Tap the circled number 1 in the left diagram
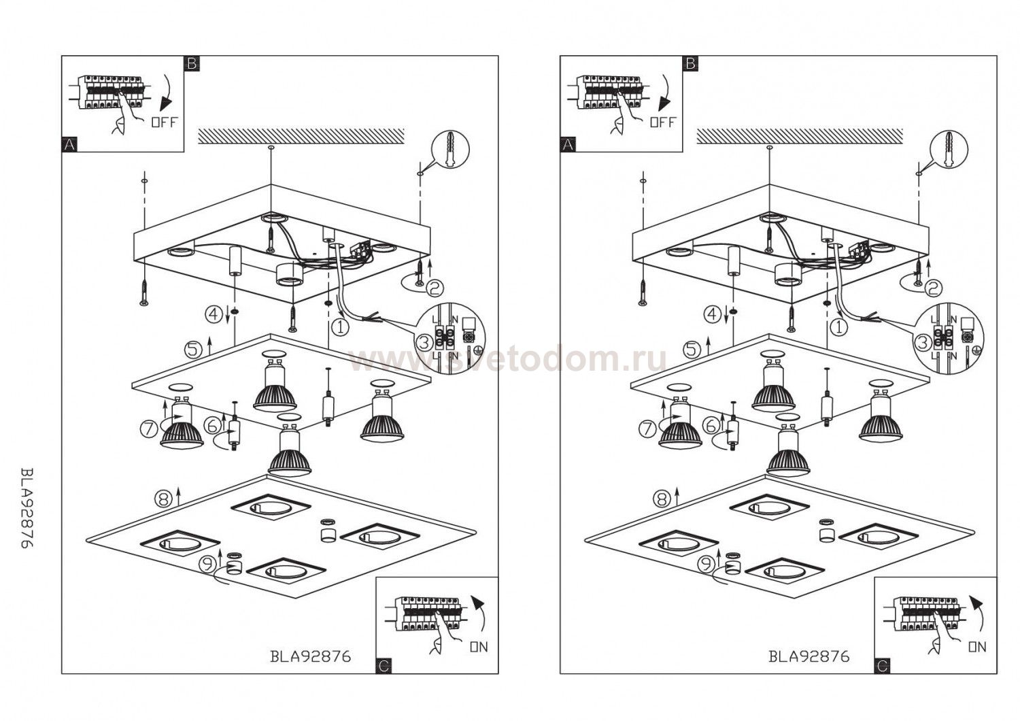[x=340, y=327]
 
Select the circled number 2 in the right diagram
[x=933, y=288]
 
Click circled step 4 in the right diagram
[x=712, y=314]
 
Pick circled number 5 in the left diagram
[x=194, y=350]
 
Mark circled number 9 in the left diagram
[x=207, y=563]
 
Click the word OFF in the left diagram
[x=163, y=122]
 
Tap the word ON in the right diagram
[x=977, y=647]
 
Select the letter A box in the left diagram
[x=69, y=144]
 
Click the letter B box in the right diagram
[x=690, y=64]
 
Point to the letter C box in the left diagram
[x=384, y=666]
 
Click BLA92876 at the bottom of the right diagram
[x=809, y=656]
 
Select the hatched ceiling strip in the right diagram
[x=800, y=135]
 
